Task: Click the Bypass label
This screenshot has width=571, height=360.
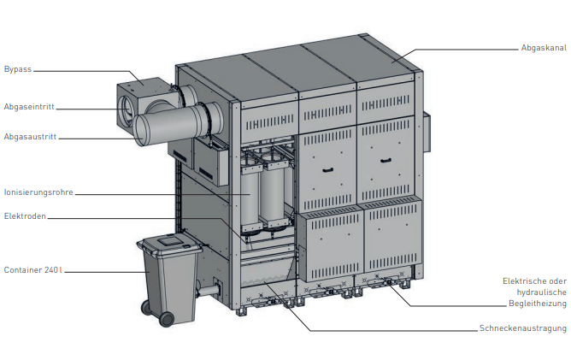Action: point(18,69)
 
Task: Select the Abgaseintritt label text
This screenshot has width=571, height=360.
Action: point(29,107)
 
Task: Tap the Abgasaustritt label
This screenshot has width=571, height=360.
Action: point(30,137)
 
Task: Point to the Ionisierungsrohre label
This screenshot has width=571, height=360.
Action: point(38,192)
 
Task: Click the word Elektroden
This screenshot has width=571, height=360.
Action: point(25,216)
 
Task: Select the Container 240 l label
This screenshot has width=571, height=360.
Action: point(33,270)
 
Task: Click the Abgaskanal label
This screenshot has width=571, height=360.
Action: point(544,48)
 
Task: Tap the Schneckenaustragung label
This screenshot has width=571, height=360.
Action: point(523,328)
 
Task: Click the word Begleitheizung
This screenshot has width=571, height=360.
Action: point(538,304)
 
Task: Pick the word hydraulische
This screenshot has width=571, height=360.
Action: point(541,292)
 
